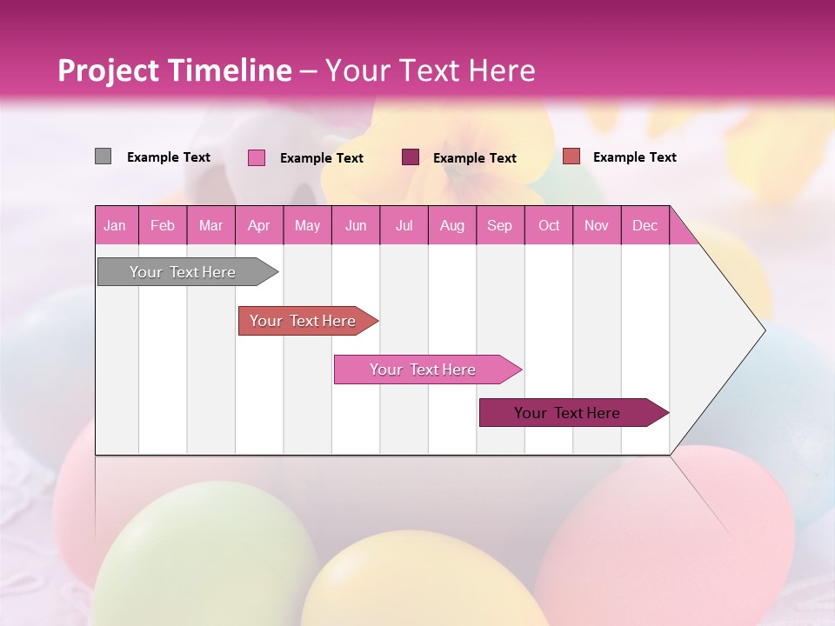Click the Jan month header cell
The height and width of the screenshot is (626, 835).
click(116, 225)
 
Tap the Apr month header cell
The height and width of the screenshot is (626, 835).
click(259, 225)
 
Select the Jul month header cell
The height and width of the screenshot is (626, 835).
click(404, 225)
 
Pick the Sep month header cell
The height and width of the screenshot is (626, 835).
click(499, 225)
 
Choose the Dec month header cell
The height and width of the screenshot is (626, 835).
click(645, 225)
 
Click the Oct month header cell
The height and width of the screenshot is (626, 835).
click(549, 225)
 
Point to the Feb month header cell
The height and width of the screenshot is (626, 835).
click(163, 225)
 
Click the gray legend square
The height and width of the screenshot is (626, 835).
click(103, 156)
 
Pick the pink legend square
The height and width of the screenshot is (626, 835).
click(256, 157)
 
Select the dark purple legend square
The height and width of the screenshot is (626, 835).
click(411, 156)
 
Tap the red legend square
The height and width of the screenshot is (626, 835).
click(571, 156)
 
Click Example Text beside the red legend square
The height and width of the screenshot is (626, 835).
click(634, 157)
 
